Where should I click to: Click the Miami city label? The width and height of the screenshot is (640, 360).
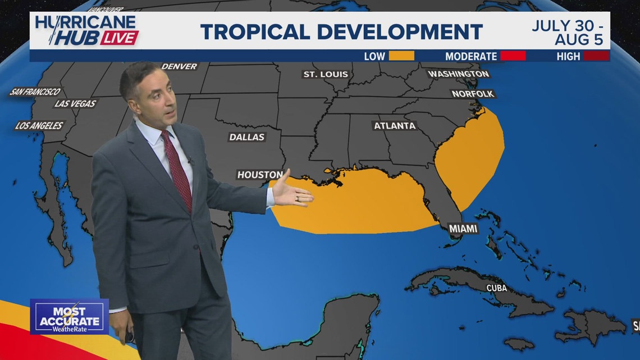click(463, 229)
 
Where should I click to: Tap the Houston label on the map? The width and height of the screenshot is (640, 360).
click(260, 175)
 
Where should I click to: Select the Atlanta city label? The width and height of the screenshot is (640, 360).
click(395, 126)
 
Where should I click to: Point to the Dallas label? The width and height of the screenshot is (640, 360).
click(247, 137)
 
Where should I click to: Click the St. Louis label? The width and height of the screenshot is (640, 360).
click(326, 74)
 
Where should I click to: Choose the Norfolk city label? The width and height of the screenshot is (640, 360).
click(473, 94)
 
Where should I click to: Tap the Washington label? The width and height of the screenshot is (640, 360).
click(458, 74)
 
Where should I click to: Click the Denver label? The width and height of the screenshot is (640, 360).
click(180, 66)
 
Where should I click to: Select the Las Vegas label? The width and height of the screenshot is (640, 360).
click(76, 104)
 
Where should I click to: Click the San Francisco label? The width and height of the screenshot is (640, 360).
click(35, 92)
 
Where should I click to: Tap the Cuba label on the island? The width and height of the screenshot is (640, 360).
click(496, 288)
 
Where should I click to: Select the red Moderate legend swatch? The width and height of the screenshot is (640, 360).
click(513, 56)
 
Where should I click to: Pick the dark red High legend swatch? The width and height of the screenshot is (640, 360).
click(596, 56)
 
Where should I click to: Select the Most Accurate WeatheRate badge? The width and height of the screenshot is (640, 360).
click(69, 316)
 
